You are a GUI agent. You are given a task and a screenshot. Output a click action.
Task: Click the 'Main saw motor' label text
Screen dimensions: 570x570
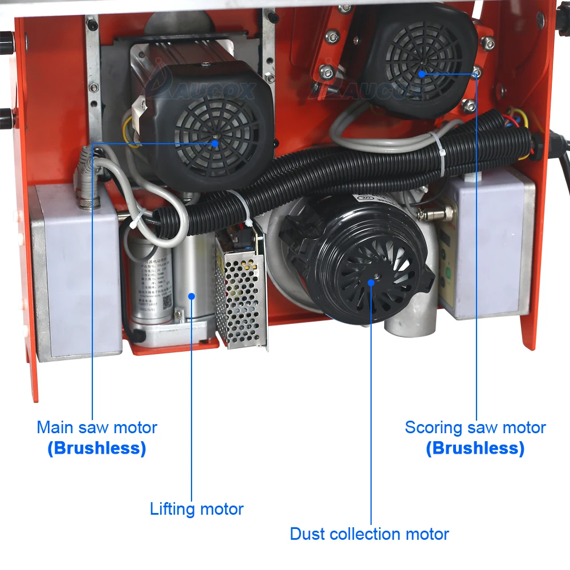(97, 427)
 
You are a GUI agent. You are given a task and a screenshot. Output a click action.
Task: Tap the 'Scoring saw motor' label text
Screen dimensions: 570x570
(475, 427)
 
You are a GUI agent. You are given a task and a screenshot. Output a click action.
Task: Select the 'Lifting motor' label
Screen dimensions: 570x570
(197, 508)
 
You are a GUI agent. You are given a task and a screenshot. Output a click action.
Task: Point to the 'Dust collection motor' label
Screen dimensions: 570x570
(369, 534)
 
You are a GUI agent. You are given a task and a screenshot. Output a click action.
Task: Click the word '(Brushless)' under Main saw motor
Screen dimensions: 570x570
(97, 448)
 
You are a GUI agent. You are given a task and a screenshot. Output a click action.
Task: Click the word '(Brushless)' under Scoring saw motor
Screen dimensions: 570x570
(475, 448)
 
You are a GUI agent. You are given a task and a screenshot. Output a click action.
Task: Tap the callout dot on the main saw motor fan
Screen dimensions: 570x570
(215, 144)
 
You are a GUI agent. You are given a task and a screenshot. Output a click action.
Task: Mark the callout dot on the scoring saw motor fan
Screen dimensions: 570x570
(422, 73)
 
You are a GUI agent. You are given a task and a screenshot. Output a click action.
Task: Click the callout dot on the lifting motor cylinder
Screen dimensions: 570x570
(192, 295)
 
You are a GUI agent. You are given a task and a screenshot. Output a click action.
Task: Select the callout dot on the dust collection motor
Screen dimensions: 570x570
(371, 280)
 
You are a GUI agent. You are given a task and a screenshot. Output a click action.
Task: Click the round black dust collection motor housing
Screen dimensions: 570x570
(365, 262)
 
